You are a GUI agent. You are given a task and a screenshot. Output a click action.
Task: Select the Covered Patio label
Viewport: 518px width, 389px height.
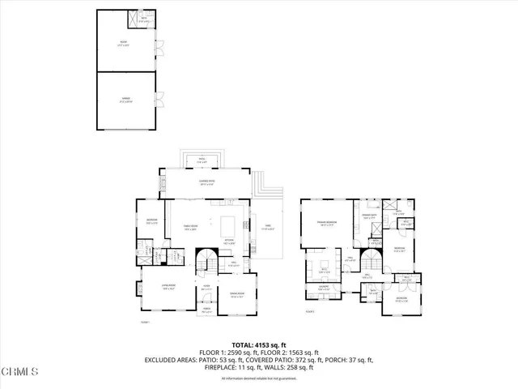click(206, 181)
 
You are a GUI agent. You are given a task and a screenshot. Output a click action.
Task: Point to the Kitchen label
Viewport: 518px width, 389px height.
click(228, 242)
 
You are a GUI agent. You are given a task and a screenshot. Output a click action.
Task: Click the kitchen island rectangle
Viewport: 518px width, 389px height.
click(227, 224)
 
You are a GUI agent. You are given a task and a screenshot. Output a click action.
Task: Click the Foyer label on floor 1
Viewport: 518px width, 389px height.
click(206, 286)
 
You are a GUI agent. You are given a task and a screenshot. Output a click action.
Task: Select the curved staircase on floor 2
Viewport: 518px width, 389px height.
click(370, 263)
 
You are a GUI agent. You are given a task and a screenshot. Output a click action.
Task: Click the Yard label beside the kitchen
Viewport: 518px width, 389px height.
click(266, 228)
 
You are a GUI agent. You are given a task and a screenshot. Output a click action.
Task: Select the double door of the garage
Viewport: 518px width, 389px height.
click(159, 100)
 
